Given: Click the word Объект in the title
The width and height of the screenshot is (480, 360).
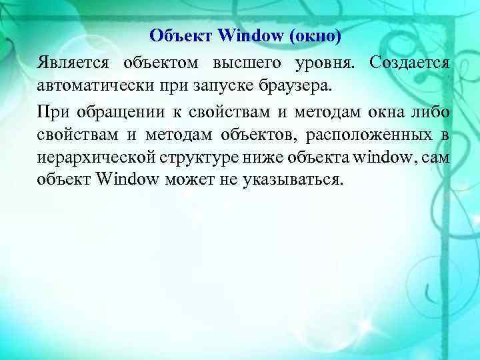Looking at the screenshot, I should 172,35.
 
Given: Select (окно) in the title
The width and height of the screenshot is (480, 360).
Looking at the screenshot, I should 315,35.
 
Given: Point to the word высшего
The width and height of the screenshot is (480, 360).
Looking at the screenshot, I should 246,64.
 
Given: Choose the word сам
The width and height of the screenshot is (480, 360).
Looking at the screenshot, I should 436,157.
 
